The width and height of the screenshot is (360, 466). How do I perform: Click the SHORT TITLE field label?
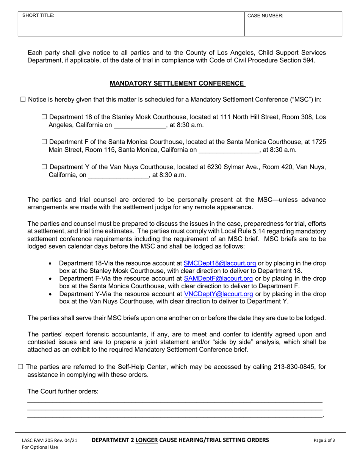(x=38, y=16)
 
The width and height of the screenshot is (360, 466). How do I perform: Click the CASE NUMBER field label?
(x=265, y=16)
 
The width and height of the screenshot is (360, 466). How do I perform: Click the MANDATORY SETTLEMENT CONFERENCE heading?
(x=177, y=83)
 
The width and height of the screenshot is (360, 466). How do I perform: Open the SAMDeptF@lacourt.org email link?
(x=218, y=278)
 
